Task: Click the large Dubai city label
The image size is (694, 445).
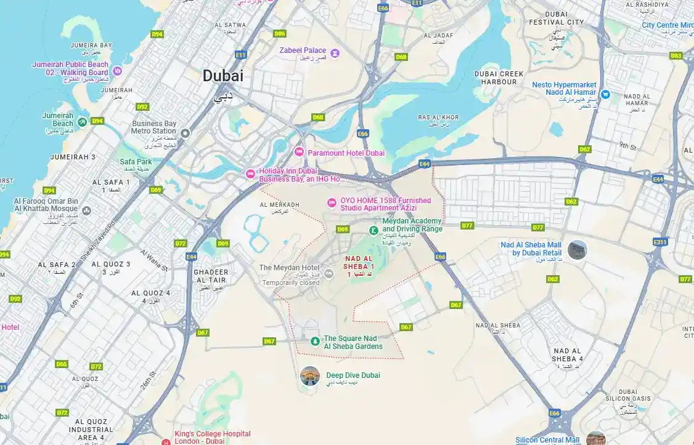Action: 223,76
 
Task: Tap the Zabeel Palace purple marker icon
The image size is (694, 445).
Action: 335,53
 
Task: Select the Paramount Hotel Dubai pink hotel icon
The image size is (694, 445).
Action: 299,152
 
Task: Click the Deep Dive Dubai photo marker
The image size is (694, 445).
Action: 310,375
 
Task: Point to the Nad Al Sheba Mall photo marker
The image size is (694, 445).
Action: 578,249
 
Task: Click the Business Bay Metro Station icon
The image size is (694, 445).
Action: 186,132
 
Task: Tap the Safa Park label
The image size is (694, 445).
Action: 136,162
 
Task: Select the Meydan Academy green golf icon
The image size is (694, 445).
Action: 373,230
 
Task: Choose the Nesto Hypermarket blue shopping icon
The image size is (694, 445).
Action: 605,95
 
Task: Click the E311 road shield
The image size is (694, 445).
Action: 660,243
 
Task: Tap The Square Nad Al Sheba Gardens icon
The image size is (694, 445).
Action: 315,341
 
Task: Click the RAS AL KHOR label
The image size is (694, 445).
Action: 438,118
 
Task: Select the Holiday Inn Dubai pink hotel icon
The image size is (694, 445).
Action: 250,174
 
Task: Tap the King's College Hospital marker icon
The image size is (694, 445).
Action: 165,441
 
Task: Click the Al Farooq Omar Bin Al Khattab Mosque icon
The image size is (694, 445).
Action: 87,210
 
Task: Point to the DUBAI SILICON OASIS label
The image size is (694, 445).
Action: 627,395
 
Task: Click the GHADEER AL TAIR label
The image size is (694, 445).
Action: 211,276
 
